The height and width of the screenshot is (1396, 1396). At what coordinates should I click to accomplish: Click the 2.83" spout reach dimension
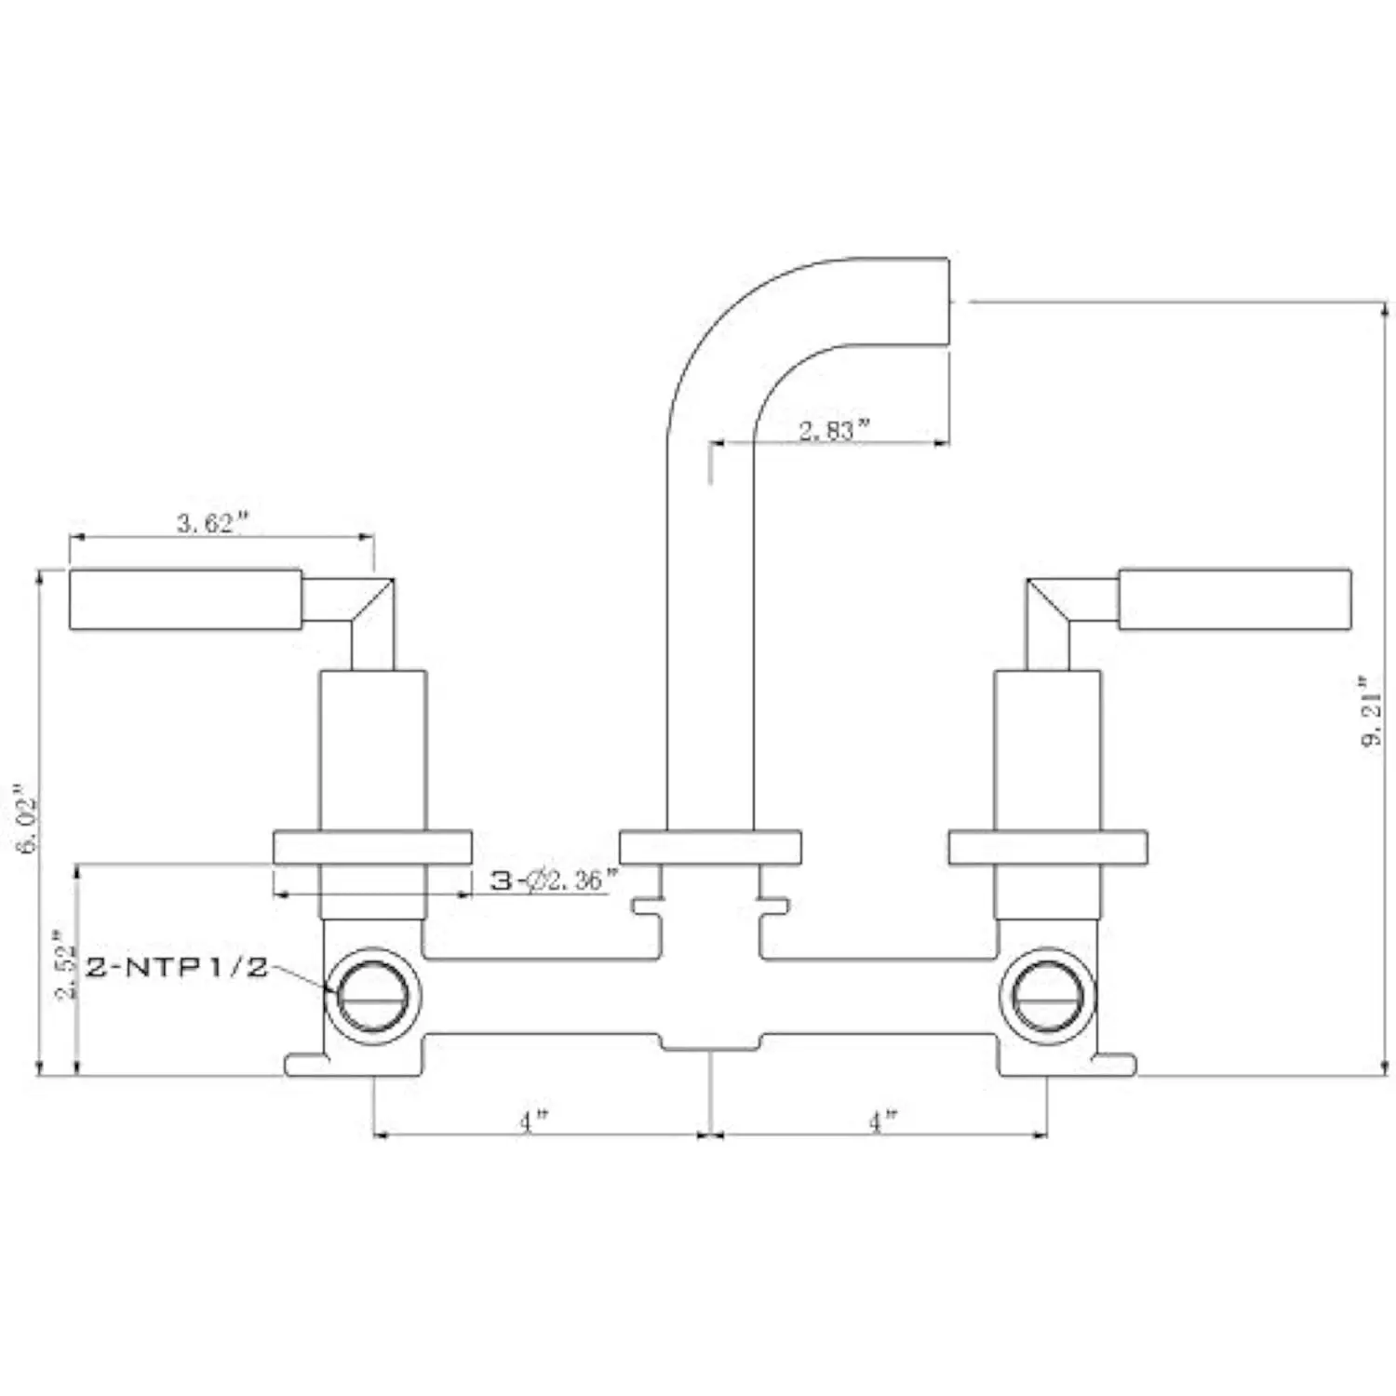point(834,430)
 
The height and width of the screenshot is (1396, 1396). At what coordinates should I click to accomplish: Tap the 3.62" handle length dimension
point(213,522)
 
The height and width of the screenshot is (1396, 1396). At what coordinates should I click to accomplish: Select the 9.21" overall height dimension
point(1373,712)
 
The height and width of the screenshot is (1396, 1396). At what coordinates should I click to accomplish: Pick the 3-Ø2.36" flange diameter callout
point(555,879)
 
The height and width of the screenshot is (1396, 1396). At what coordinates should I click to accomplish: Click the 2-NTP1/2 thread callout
point(177,967)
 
